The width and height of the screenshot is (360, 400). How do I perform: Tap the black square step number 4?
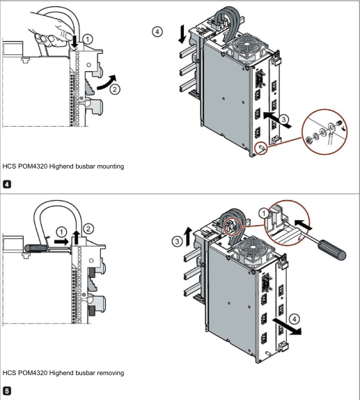[x=7, y=184]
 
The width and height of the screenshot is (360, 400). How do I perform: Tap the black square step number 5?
[x=7, y=390]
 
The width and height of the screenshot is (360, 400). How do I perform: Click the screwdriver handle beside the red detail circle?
[x=331, y=249]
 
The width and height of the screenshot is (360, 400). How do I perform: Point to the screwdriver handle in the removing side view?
[x=36, y=247]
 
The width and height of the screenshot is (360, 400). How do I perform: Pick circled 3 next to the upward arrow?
[x=177, y=241]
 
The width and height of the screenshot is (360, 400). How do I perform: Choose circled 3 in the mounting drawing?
[x=283, y=119]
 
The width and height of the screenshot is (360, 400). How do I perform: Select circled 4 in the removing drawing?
[x=295, y=319]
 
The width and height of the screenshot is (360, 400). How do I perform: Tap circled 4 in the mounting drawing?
[x=157, y=31]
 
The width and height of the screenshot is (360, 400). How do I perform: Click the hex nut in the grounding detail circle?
[x=308, y=140]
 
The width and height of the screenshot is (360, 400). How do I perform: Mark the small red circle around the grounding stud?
[x=262, y=148]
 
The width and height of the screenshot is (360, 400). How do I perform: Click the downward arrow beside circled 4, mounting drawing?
[x=182, y=33]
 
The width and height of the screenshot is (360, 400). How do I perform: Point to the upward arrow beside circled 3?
[x=188, y=236]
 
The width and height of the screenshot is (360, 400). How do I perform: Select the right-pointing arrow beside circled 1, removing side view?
[x=61, y=241]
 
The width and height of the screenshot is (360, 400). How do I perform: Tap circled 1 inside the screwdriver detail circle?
[x=264, y=213]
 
